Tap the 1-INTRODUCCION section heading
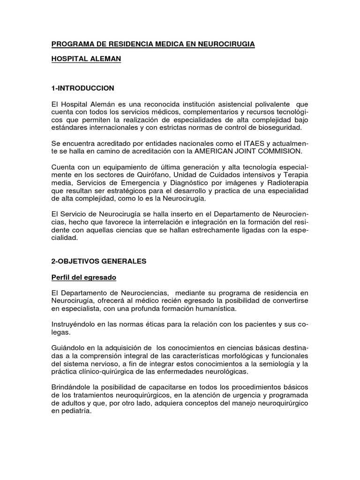(x=83, y=88)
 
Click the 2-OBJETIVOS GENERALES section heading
(x=99, y=261)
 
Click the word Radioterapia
(x=288, y=184)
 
